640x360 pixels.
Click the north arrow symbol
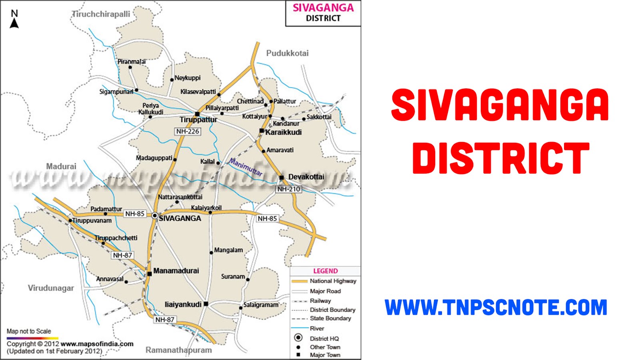[14, 20]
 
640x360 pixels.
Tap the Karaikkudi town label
[283, 132]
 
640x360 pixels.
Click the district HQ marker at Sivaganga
[155, 216]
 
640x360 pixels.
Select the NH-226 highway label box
[188, 131]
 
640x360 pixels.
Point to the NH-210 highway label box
[288, 189]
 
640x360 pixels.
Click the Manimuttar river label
[246, 167]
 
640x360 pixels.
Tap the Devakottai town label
[306, 177]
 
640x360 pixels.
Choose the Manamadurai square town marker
[150, 274]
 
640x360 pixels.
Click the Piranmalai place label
[131, 62]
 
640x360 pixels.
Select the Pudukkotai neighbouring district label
[287, 53]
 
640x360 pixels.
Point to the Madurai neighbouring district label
[61, 166]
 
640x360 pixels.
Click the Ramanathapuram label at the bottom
[178, 350]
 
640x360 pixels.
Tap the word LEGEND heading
[325, 271]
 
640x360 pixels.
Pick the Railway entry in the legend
[320, 301]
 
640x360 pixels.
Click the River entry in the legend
[317, 328]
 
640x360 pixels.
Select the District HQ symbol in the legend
[298, 338]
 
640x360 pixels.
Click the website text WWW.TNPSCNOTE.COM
[496, 308]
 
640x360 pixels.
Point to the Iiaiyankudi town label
[183, 304]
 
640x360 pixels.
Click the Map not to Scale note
[29, 331]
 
